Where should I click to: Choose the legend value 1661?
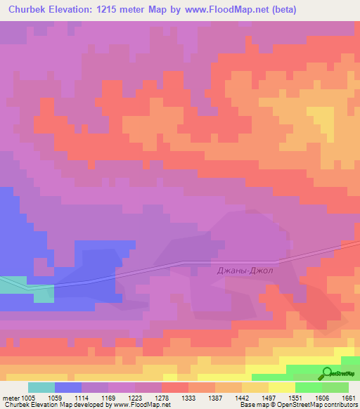pos(349,397)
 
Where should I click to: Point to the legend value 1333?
pos(189,397)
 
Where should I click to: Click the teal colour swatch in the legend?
pos(41,387)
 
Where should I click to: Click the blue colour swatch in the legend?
pos(68,387)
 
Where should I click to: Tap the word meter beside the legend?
pos(10,397)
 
